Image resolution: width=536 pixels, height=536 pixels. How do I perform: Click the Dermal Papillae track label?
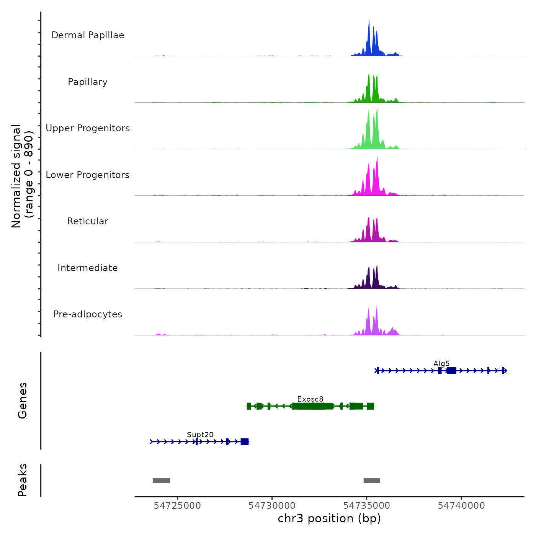coord(88,35)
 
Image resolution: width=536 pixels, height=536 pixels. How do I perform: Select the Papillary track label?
coord(88,82)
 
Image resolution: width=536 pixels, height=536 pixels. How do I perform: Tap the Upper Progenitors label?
coord(88,128)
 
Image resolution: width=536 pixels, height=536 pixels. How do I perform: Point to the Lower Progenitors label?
coord(88,175)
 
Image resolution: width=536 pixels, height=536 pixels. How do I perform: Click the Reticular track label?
coord(88,221)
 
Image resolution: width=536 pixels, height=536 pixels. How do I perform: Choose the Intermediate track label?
coord(88,268)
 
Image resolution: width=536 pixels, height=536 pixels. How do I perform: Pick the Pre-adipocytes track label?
coord(88,314)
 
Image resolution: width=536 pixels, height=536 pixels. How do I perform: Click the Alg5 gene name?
coord(441,364)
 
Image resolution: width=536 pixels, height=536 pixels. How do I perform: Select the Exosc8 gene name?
coord(310,399)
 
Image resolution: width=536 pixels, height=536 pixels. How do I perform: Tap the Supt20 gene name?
coord(200,435)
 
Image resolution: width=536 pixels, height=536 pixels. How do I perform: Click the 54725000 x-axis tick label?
coord(177,506)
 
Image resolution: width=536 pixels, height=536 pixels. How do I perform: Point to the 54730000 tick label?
coord(272,506)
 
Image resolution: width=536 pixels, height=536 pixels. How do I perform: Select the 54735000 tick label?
coord(367,506)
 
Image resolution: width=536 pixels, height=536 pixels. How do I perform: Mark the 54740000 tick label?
coord(461,506)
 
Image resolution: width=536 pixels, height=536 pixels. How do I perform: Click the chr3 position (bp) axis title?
coord(329,518)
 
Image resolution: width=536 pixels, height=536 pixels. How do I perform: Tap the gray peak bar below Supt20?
coord(161,480)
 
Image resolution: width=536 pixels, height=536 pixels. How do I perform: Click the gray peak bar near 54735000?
coord(372,480)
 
